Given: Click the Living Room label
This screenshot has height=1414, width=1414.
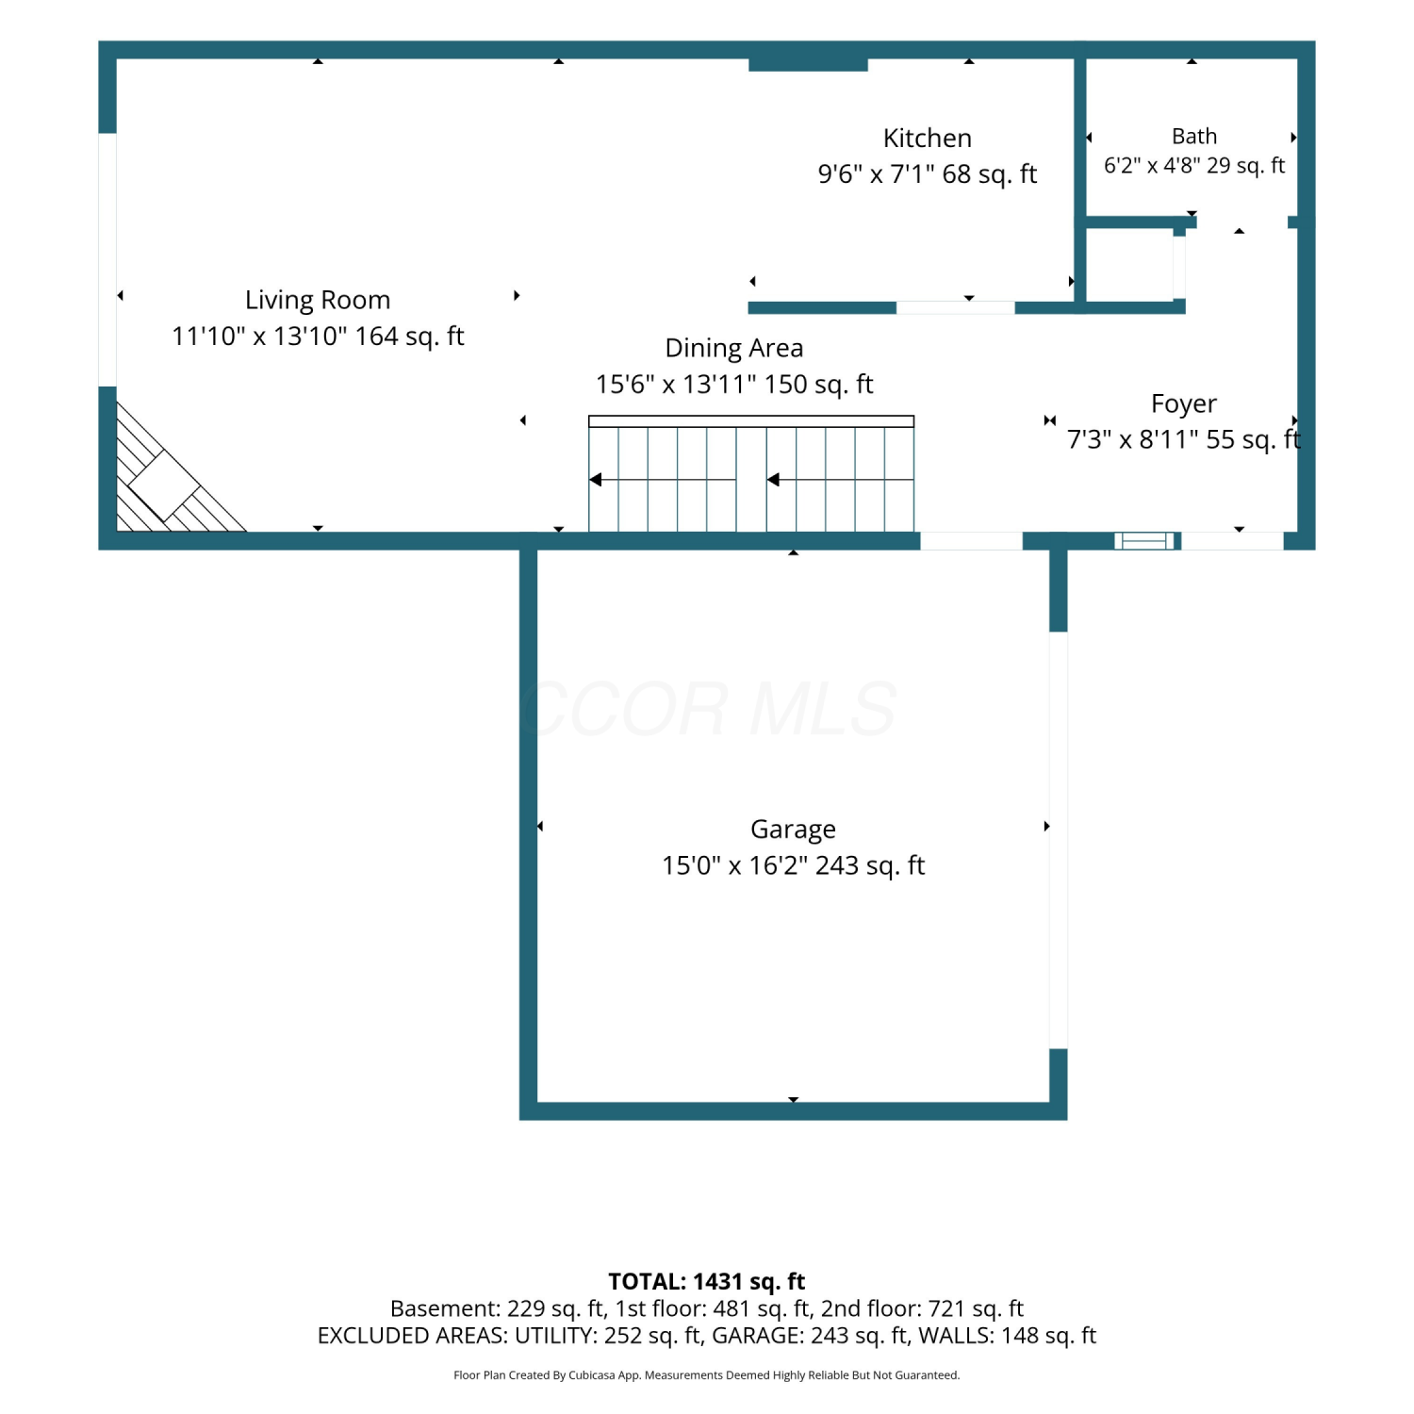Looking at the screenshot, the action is [318, 300].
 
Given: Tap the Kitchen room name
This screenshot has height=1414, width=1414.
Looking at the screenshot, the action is [928, 138].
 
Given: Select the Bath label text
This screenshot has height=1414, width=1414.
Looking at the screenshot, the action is [1194, 137].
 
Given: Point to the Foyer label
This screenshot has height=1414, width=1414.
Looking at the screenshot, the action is [1184, 403].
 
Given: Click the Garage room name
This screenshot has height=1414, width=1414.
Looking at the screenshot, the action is [793, 830].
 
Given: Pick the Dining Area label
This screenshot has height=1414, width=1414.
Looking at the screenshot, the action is [734, 348].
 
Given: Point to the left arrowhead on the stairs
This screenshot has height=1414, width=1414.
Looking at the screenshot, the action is [596, 480].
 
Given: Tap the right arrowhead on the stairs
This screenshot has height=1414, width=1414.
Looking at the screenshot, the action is [774, 480].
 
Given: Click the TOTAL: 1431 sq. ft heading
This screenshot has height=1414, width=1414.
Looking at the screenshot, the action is [707, 1281].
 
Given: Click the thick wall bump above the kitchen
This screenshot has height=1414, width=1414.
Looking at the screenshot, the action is [808, 64].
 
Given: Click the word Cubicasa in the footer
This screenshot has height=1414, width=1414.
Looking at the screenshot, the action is [590, 1375].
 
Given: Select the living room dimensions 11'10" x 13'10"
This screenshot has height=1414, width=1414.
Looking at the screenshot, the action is [259, 337].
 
